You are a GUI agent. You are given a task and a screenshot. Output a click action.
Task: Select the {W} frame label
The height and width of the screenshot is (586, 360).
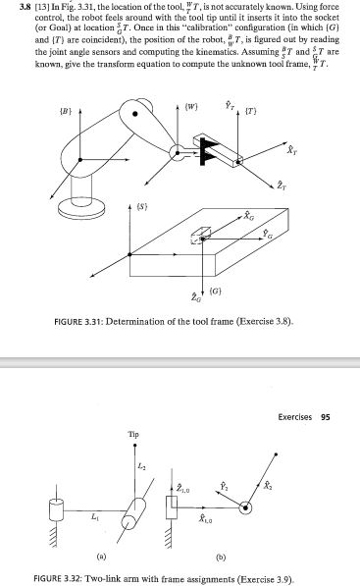[191, 102]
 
